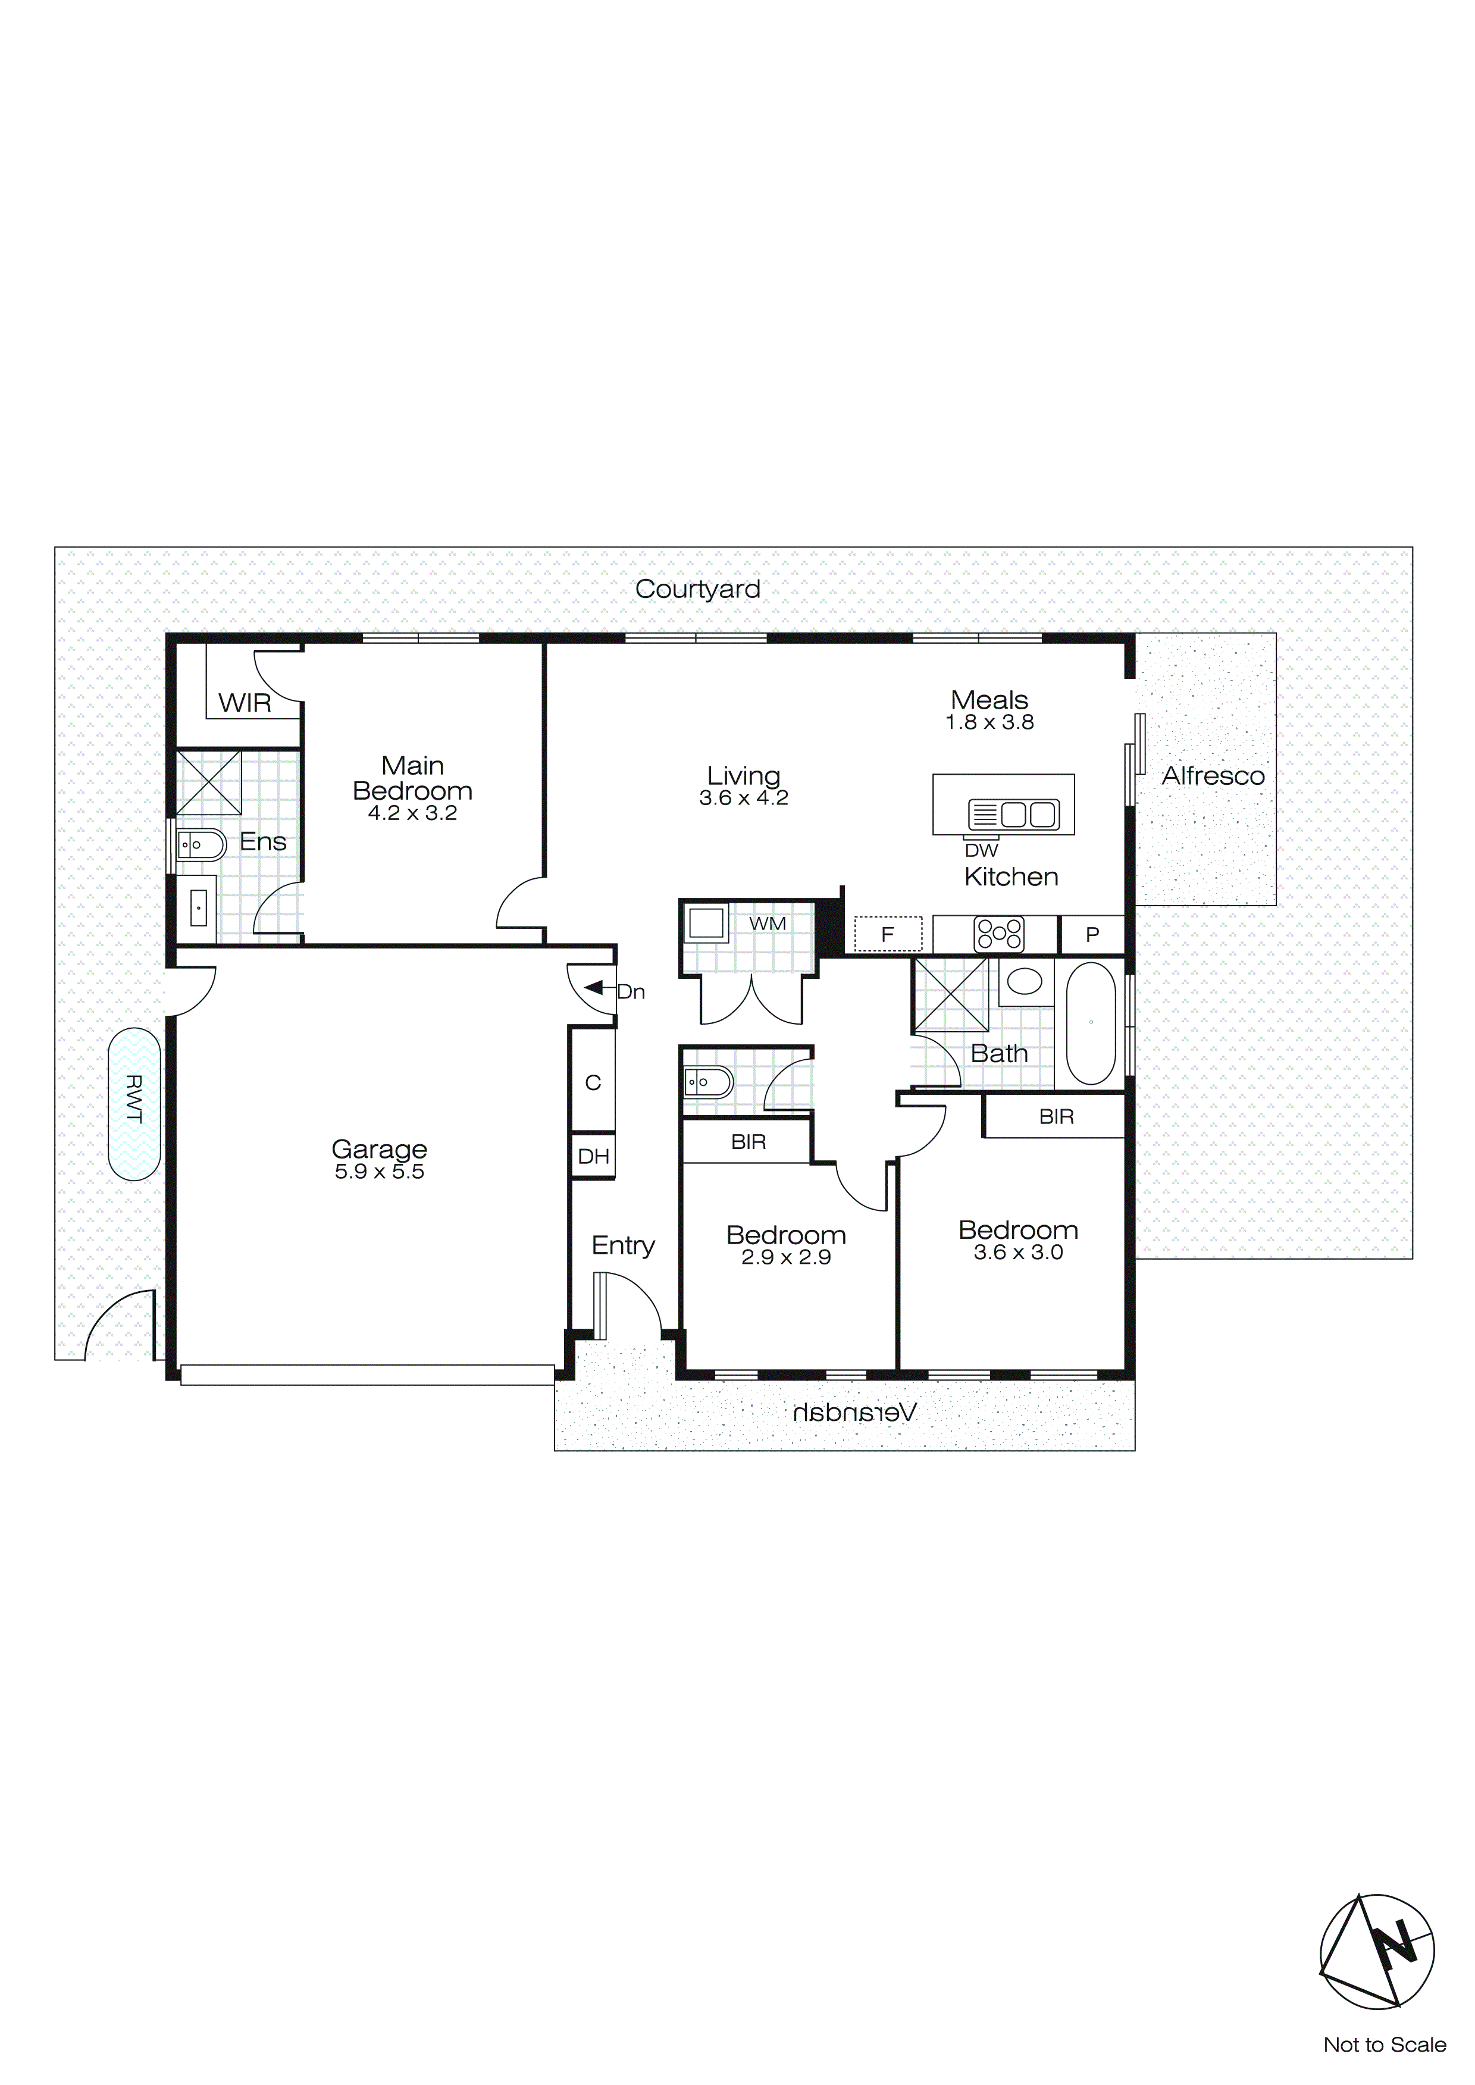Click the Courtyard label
point(697,588)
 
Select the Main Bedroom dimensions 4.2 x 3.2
point(412,813)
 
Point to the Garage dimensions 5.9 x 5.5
point(379,1172)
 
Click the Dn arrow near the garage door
point(595,987)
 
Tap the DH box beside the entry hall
point(593,1156)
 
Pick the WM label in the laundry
point(768,923)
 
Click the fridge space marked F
point(887,934)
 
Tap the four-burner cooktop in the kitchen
point(999,934)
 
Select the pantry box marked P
point(1092,934)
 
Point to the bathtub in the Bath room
point(1091,1023)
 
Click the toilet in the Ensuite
point(200,846)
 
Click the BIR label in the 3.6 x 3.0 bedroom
point(1056,1117)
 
